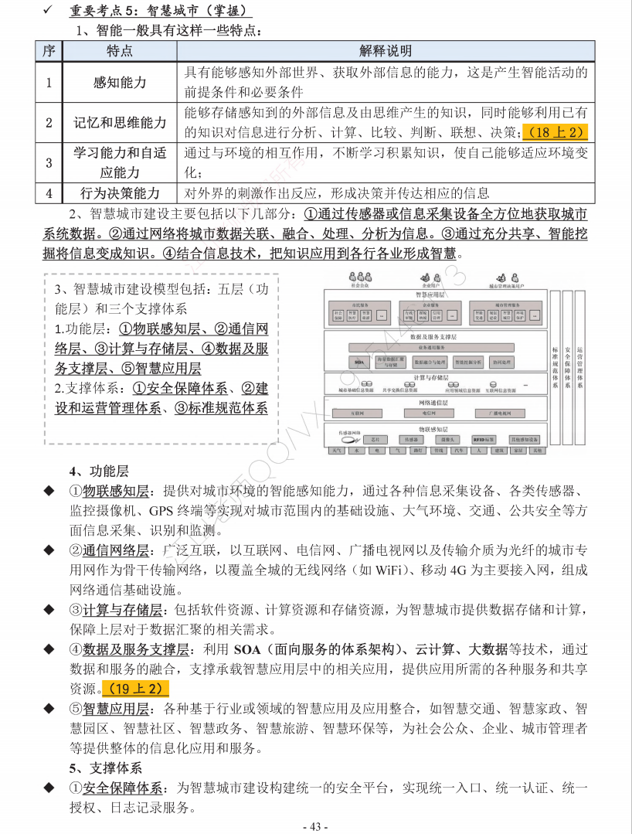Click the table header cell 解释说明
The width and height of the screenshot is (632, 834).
coord(386,51)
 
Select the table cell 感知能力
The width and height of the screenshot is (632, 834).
coord(119,82)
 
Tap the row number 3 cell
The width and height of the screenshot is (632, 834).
coord(49,162)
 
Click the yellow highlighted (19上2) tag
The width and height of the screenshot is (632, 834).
coord(135,688)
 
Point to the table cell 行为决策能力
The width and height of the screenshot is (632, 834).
coord(119,192)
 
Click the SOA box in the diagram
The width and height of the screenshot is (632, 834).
coord(358,362)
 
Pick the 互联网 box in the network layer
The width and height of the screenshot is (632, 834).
coord(357,414)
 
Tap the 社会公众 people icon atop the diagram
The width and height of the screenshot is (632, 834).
coord(358,278)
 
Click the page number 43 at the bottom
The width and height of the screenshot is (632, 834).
coord(316,825)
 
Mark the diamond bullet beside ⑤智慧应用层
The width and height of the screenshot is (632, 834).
coord(49,708)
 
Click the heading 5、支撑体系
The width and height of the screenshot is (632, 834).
coord(105,768)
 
